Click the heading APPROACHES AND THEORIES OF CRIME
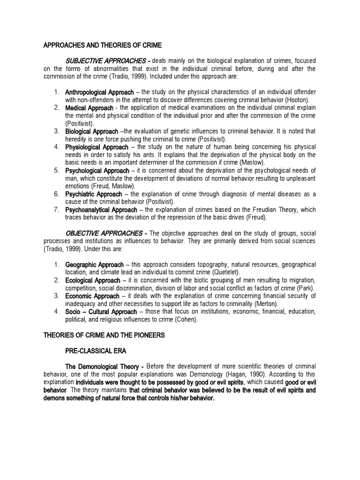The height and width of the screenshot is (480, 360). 103,45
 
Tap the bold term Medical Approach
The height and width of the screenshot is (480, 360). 89,108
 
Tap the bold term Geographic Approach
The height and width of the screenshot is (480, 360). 95,265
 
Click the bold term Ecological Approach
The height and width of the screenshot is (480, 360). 93,280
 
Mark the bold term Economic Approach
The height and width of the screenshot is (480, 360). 92,296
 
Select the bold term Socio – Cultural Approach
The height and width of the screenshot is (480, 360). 101,312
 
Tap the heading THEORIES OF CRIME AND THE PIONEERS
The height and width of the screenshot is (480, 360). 104,335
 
